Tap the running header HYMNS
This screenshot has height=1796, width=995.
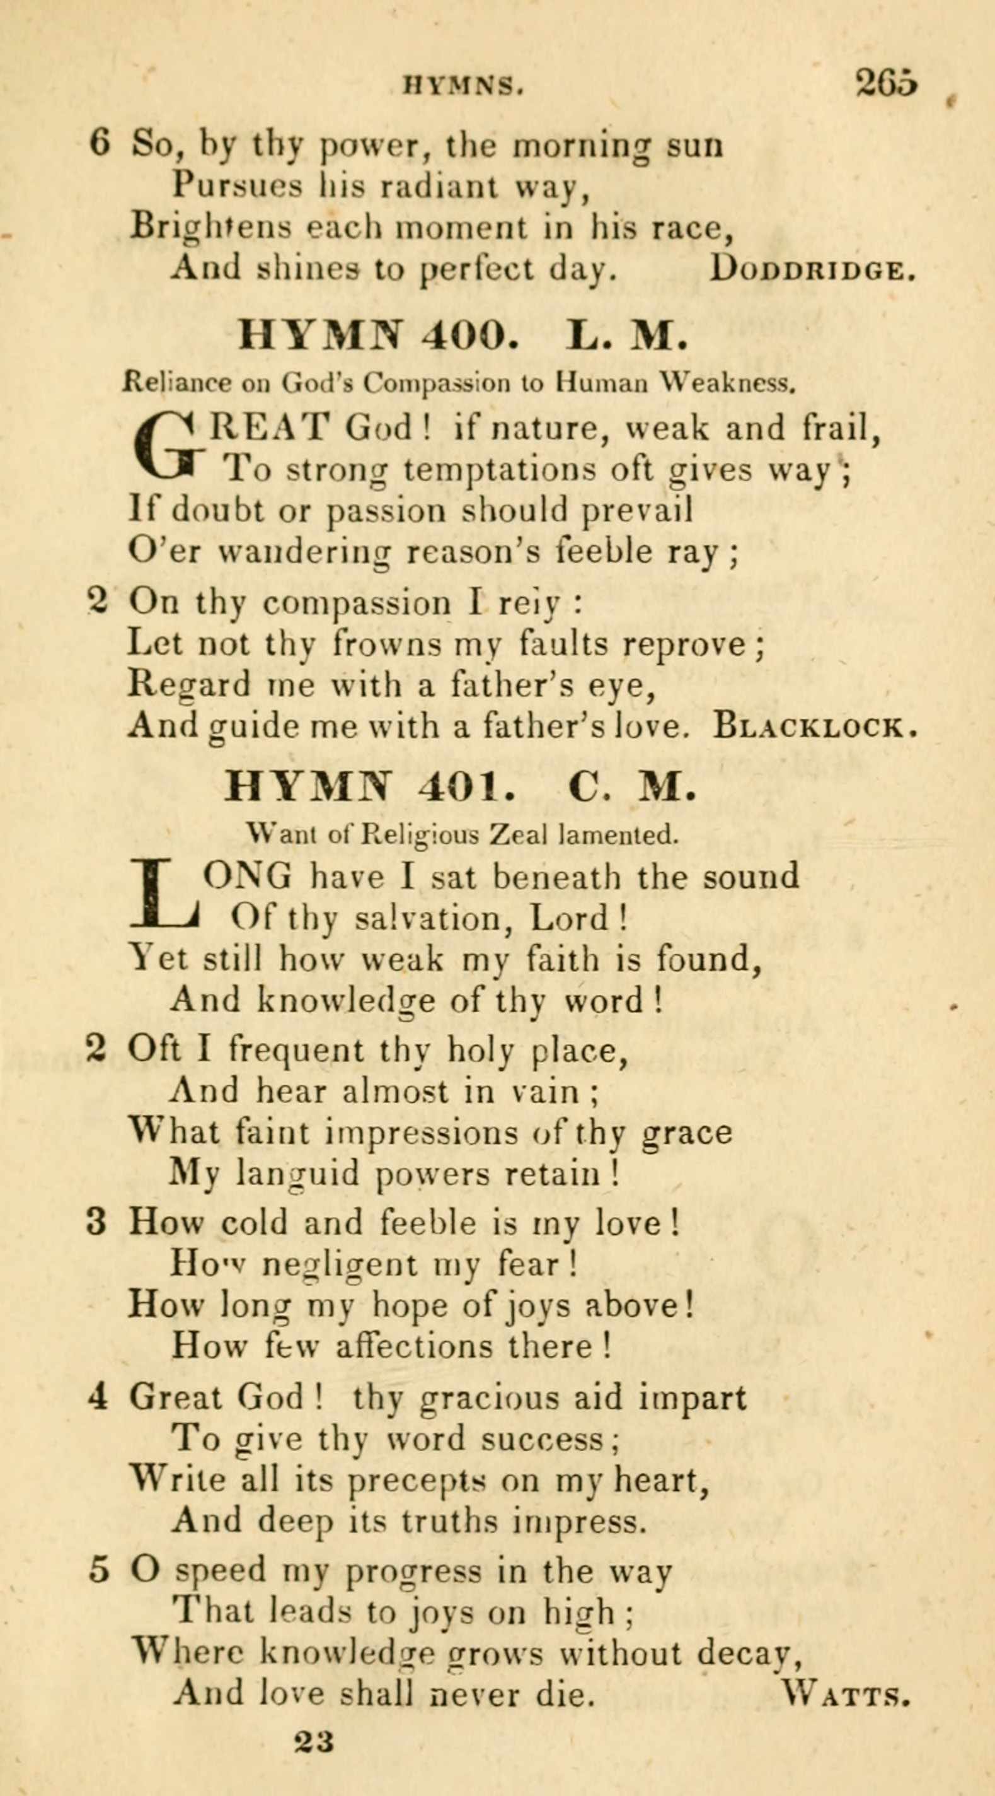463,86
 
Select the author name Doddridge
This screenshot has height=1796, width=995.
811,269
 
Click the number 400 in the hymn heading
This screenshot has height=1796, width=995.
470,336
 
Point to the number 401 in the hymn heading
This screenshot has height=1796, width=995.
462,787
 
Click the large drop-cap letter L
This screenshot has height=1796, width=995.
164,896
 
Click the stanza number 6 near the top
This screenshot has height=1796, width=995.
100,144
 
